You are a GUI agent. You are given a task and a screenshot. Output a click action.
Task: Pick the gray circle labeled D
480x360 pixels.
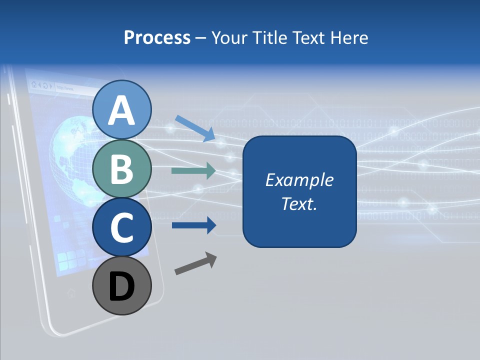(122, 286)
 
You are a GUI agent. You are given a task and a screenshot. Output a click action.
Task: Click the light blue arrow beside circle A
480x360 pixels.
(195, 128)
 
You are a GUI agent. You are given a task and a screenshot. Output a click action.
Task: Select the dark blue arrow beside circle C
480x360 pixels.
(194, 225)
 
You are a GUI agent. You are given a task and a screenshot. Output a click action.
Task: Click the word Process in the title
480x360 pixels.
(157, 37)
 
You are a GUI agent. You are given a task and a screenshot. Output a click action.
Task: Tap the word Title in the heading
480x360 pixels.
(270, 37)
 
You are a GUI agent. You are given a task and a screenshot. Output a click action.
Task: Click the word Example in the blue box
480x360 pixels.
(299, 180)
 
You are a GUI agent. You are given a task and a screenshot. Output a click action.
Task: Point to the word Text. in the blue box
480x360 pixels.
(299, 203)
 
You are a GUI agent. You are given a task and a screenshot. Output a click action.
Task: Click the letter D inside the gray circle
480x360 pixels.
(122, 287)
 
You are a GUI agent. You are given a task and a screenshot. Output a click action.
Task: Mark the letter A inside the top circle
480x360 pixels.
(122, 111)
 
